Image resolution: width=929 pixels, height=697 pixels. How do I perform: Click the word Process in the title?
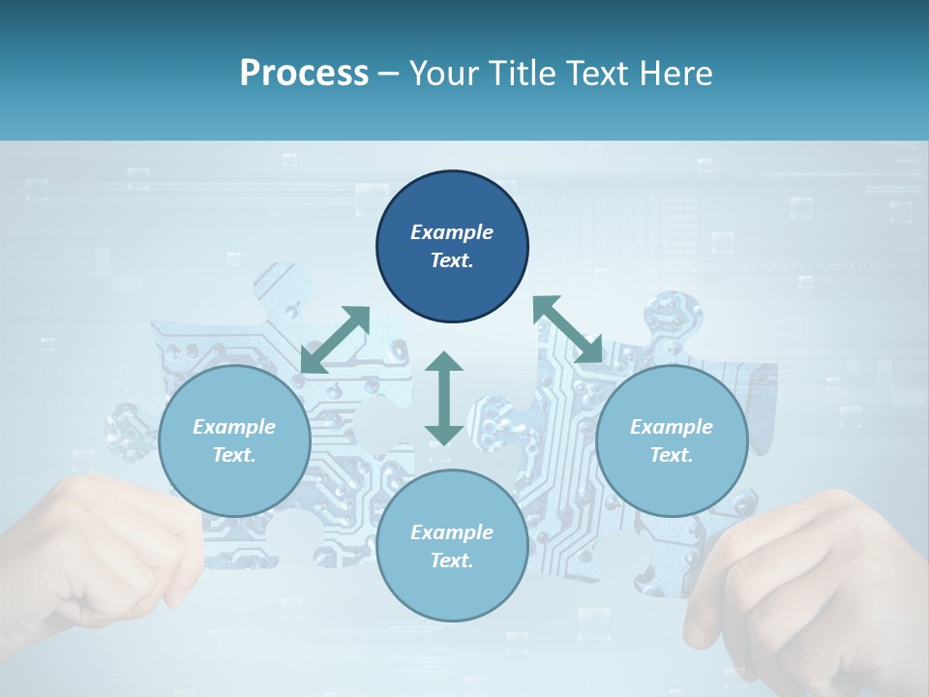tap(304, 73)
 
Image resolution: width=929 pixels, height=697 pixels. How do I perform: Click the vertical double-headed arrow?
tap(444, 398)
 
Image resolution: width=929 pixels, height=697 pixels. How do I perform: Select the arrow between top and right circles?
tap(567, 329)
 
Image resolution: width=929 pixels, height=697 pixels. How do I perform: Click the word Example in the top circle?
tap(452, 232)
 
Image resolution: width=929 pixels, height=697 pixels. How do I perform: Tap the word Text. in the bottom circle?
tap(452, 561)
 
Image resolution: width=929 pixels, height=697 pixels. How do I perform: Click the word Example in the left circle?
tap(234, 427)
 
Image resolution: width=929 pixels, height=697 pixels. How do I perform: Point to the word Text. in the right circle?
tap(672, 455)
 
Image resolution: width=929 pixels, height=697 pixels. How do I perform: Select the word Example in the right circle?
tap(672, 427)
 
